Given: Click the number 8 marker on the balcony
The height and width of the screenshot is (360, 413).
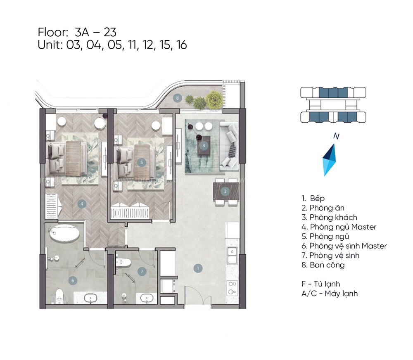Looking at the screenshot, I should (177, 98).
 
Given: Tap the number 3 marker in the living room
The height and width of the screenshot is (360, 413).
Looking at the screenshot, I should (204, 145).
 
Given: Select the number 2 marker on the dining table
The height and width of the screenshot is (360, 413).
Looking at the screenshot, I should (225, 191).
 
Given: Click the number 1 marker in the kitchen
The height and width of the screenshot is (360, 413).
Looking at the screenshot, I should (198, 268).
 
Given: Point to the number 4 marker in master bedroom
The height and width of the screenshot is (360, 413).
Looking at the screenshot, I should (83, 204).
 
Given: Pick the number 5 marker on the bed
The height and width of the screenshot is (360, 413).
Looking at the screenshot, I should (141, 163).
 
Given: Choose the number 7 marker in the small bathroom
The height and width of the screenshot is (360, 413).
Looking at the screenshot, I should (142, 271).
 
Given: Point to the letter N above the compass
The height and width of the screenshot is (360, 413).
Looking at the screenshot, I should (336, 137).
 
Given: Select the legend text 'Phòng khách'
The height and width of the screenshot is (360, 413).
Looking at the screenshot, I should (333, 217).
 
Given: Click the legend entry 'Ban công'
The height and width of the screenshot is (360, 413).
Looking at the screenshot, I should (327, 265).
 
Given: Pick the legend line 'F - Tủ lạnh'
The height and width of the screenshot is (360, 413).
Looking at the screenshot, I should (321, 284).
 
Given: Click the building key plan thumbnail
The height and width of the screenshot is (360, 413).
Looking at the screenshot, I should (333, 105).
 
